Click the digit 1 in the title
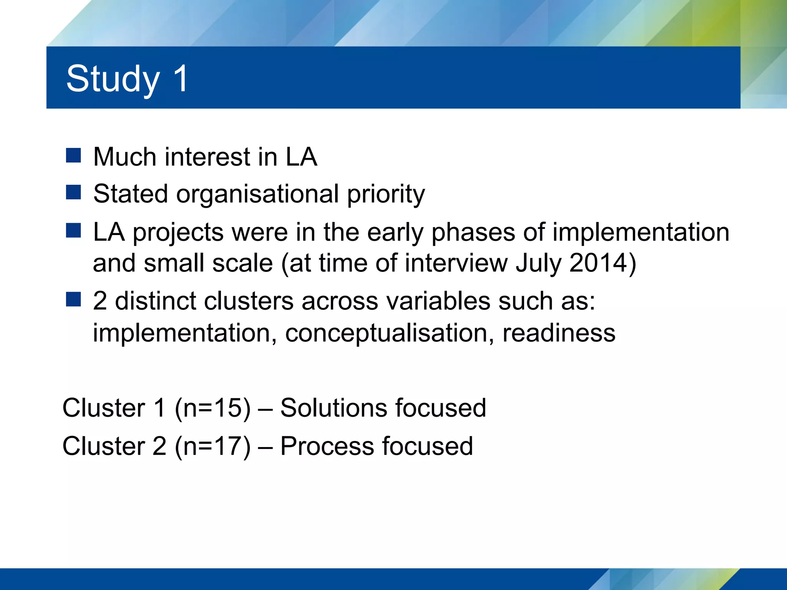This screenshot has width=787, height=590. tap(181, 78)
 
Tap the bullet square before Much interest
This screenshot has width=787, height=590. tap(73, 156)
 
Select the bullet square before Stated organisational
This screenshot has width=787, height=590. tap(73, 192)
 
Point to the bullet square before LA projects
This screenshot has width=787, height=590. tap(73, 230)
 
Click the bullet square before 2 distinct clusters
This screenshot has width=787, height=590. tap(73, 299)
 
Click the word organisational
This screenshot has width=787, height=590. tap(257, 194)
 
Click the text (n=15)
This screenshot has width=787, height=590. tap(213, 408)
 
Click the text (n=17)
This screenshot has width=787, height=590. tap(213, 446)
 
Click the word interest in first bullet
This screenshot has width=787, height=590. tap(208, 157)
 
